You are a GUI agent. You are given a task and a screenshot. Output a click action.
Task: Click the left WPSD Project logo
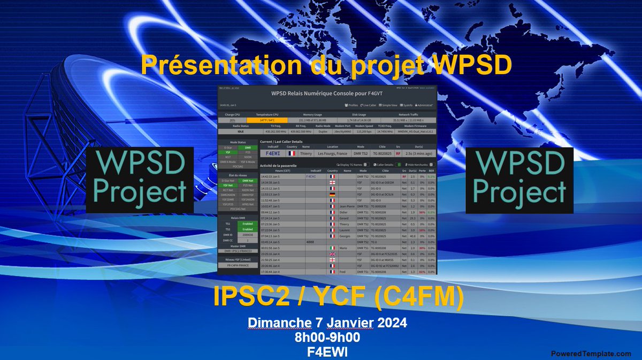(x=140, y=181)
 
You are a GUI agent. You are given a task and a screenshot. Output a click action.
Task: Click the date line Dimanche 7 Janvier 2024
(x=327, y=323)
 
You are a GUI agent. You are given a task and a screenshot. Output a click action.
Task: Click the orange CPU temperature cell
(x=267, y=120)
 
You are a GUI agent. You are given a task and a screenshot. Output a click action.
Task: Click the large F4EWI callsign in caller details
(x=274, y=153)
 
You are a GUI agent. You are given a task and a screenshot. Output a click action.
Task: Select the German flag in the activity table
(x=332, y=195)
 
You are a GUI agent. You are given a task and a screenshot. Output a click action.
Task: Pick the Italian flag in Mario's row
(x=332, y=248)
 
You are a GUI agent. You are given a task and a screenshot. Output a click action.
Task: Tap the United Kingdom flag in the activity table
(x=332, y=254)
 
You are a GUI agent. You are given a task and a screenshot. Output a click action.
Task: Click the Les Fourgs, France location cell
(x=333, y=153)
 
